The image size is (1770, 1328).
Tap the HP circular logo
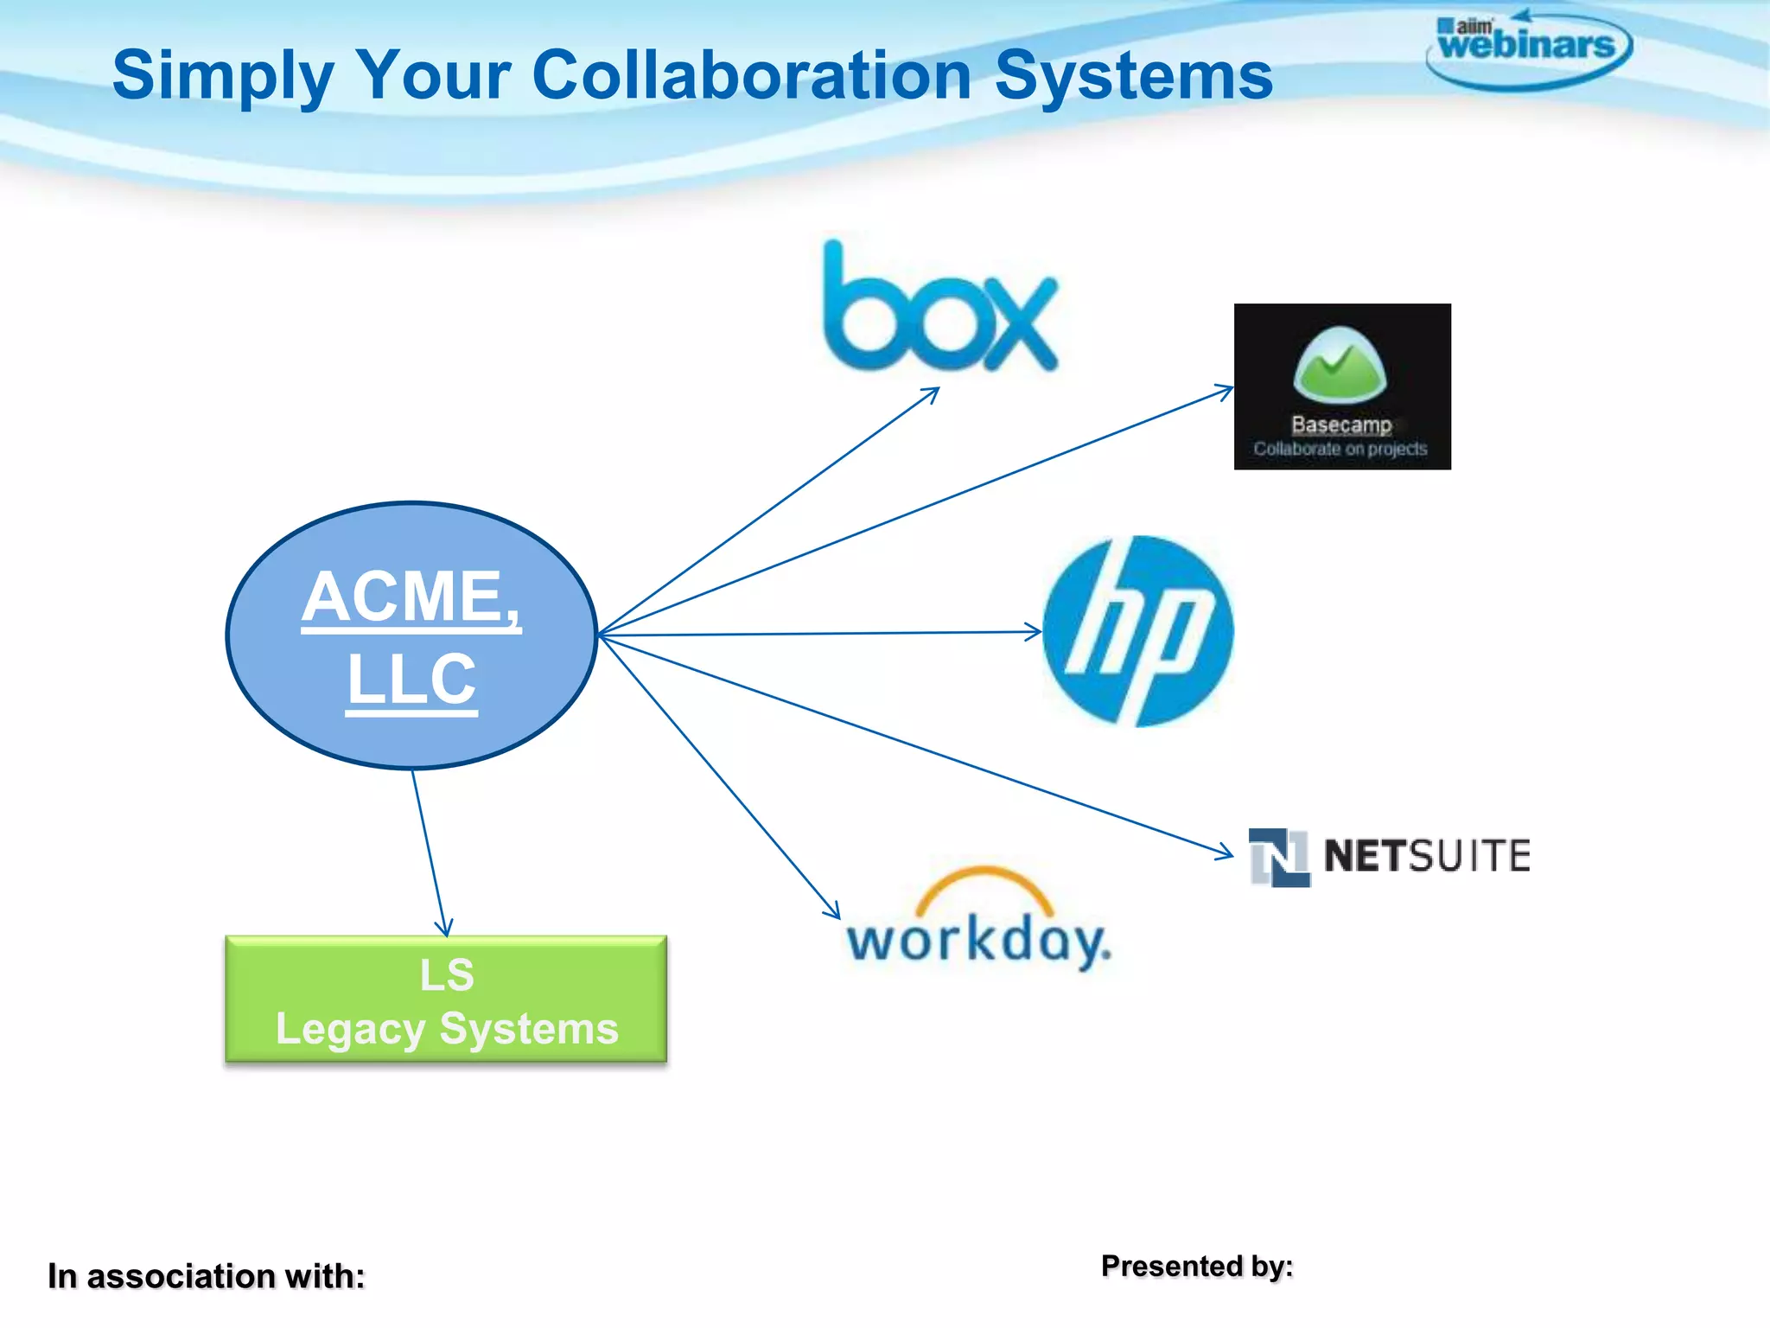(1137, 631)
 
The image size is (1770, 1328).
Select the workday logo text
(977, 941)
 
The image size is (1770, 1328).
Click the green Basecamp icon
(1340, 365)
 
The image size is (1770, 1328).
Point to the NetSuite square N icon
(1279, 857)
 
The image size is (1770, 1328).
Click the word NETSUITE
(1427, 856)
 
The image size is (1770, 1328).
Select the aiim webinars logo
(1527, 48)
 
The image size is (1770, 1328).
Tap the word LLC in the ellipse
(411, 680)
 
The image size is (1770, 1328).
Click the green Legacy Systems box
(446, 999)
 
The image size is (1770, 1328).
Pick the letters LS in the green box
(447, 975)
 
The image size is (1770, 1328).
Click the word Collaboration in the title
(752, 75)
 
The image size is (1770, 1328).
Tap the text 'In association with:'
(206, 1276)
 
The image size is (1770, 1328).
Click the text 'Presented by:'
(1197, 1266)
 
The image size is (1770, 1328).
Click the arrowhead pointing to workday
(833, 910)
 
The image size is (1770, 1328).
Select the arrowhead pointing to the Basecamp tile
(1226, 391)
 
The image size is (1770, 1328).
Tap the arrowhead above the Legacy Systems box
(443, 929)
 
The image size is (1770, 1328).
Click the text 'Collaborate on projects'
(1340, 449)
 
